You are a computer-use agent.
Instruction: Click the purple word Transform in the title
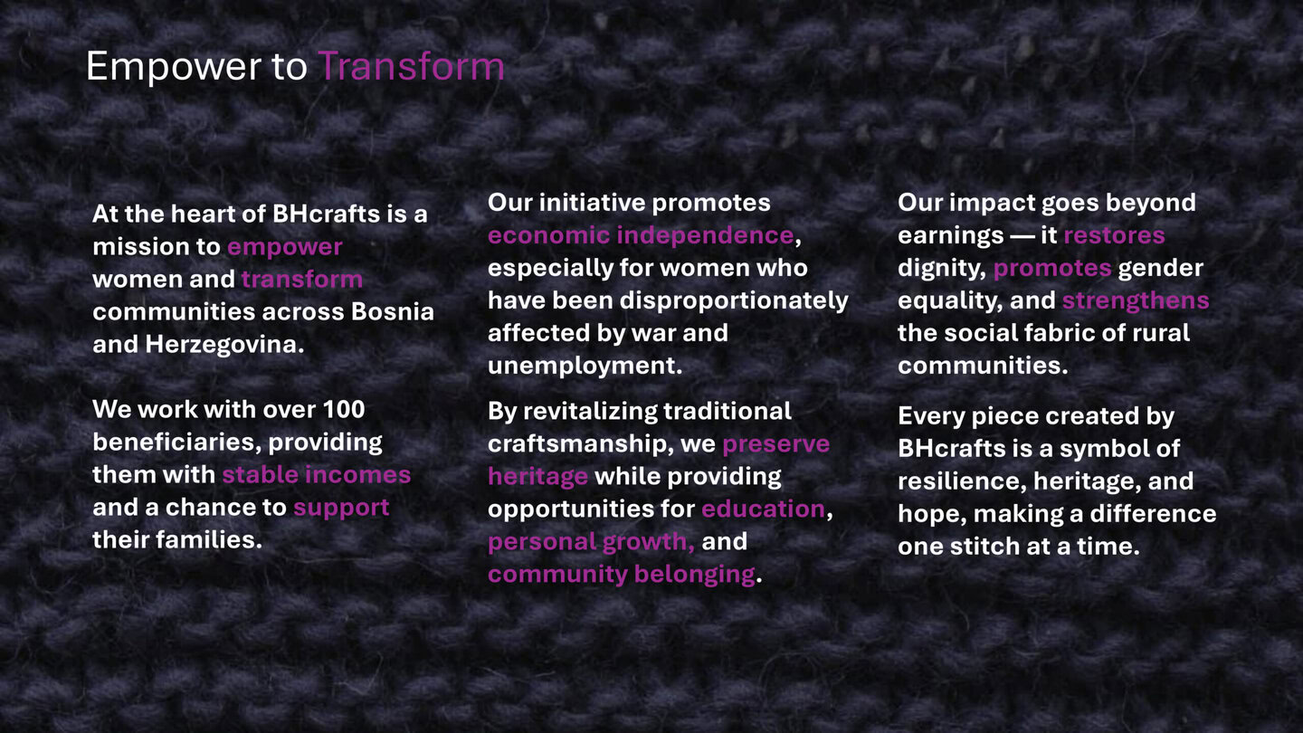pyautogui.click(x=411, y=67)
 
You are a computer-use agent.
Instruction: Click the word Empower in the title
pyautogui.click(x=171, y=67)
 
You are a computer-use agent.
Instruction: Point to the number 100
pyautogui.click(x=344, y=409)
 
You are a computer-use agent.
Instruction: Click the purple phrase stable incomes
pyautogui.click(x=316, y=474)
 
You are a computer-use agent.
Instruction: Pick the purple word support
pyautogui.click(x=341, y=507)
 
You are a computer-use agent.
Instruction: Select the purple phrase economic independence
pyautogui.click(x=640, y=235)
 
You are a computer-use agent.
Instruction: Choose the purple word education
pyautogui.click(x=763, y=509)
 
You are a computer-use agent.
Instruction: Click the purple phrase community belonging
pyautogui.click(x=621, y=574)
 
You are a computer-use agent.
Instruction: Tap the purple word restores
pyautogui.click(x=1114, y=235)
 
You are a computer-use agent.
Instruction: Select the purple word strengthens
pyautogui.click(x=1135, y=300)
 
